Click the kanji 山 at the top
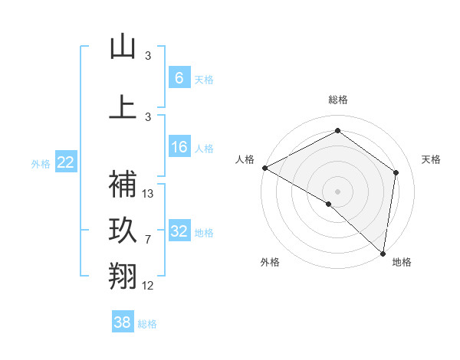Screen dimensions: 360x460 click(123, 47)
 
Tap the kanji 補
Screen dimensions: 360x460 click(123, 183)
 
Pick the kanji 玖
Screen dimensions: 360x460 click(123, 231)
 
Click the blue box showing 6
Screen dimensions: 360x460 click(179, 77)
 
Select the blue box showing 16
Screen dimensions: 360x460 click(179, 147)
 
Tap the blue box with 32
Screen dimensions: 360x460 click(179, 231)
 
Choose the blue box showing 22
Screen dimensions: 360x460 click(66, 162)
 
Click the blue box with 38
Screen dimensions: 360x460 click(123, 322)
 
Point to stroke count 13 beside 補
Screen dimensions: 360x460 click(149, 194)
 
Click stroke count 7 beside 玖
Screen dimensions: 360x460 click(148, 240)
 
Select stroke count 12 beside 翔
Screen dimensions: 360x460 click(149, 286)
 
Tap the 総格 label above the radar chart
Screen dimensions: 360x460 click(337, 100)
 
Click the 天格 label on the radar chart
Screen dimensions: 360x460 click(431, 159)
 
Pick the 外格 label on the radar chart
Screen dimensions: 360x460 click(270, 262)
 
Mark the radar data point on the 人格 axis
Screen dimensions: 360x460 click(264, 168)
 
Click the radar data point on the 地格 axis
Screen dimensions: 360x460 click(383, 254)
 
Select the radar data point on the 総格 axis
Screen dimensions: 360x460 click(337, 131)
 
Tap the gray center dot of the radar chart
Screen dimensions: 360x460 click(337, 191)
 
